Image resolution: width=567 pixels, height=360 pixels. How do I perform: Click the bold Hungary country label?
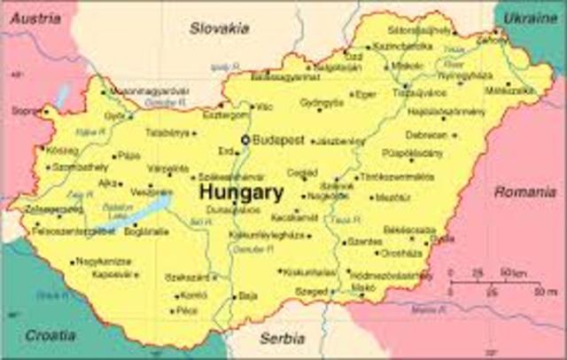241,192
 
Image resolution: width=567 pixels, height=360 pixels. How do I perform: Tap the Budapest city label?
278,140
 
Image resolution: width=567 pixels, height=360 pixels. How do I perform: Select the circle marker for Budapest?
245,140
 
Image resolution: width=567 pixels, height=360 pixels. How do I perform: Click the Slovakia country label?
219,28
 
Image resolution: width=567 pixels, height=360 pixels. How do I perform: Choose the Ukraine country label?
531,18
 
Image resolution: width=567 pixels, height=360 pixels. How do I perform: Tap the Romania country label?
524,192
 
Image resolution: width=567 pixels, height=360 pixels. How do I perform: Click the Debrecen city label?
426,135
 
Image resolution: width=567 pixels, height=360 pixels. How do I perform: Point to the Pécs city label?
187,311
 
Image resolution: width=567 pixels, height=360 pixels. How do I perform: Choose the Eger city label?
367,93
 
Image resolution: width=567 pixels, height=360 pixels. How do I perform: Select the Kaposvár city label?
113,275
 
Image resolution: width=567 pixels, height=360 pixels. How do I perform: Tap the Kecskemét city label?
294,216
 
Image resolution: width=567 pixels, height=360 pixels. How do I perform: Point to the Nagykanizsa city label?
104,262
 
